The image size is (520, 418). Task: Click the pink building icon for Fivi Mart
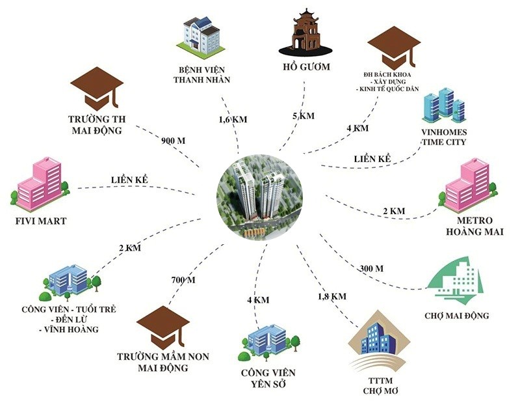coord(40,182)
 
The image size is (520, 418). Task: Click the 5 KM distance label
coord(303,116)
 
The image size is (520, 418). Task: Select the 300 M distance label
coord(371,268)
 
